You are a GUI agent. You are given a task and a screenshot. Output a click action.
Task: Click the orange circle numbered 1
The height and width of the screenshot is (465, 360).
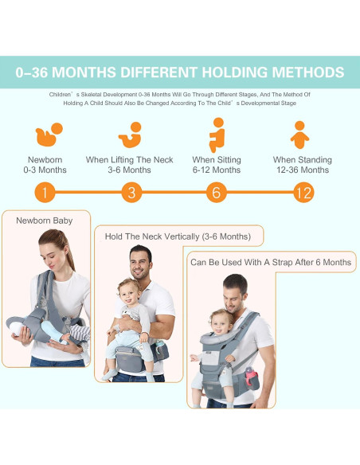[45, 193]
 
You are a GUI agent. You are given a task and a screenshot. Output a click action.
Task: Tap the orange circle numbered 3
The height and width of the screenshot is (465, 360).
[131, 193]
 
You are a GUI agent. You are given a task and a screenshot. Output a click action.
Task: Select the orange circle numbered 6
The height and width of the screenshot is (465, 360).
[217, 193]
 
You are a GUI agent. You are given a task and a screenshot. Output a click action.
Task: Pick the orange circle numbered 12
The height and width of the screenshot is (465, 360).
[303, 193]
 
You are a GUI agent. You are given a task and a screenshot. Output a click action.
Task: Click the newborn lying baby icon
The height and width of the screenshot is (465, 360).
[49, 135]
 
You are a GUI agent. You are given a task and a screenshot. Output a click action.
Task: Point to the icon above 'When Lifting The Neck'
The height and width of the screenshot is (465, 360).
[131, 135]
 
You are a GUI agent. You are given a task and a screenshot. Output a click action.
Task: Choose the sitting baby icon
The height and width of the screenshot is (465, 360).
[217, 135]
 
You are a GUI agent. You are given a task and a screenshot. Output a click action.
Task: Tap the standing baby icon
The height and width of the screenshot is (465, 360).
[299, 135]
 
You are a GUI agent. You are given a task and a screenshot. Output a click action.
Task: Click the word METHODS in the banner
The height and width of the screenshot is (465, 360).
[308, 72]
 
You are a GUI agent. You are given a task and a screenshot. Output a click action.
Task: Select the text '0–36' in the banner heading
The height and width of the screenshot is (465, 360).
[32, 72]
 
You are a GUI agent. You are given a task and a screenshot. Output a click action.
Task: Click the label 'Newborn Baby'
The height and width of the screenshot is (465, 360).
[45, 221]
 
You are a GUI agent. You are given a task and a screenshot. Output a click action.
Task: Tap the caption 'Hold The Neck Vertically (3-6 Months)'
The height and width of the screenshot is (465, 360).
[178, 236]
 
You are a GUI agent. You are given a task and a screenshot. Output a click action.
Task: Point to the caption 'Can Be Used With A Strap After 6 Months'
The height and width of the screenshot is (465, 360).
[271, 262]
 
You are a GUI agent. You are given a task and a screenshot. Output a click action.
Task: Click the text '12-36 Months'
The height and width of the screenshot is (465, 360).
[303, 170]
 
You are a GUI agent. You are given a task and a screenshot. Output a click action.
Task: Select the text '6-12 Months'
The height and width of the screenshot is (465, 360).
[217, 170]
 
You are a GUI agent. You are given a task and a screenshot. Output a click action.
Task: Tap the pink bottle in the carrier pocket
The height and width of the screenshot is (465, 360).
[252, 377]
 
